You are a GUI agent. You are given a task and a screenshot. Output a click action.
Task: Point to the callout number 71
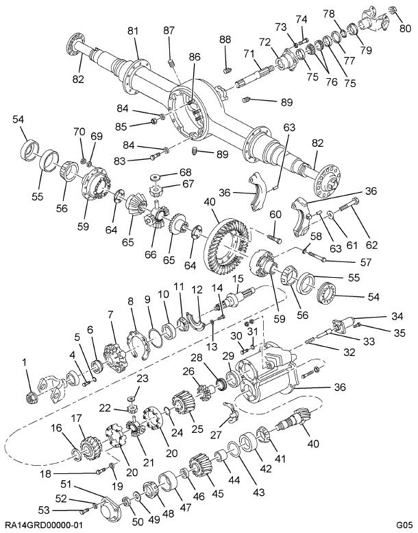click(247, 54)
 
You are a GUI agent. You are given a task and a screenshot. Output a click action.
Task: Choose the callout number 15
click(238, 280)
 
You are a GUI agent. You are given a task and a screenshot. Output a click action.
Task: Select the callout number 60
click(276, 214)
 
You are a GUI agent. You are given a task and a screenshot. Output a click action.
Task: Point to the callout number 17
click(77, 418)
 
